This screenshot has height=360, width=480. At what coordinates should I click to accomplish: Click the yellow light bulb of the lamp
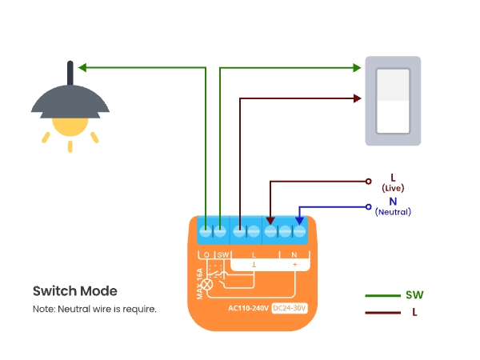coord(70,124)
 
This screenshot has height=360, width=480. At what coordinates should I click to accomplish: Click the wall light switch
coord(393,101)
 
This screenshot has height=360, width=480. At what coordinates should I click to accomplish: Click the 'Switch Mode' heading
coord(74,291)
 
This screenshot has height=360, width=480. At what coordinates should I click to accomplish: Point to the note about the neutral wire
coord(94,309)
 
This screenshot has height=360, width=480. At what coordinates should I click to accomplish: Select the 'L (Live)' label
coord(392,182)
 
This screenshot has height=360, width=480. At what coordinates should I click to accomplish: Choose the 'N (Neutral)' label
coord(392,206)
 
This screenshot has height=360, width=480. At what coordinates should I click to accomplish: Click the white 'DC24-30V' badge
coord(290,308)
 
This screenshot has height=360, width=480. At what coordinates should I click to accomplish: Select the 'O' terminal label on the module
coord(206,254)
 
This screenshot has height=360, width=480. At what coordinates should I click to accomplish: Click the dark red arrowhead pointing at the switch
coord(357,98)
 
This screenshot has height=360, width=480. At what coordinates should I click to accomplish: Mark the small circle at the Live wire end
coord(369,181)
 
